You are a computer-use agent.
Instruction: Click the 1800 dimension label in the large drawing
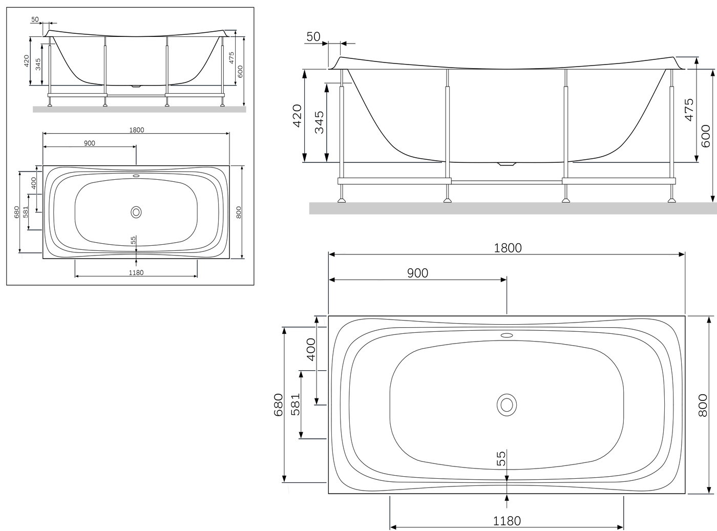508,248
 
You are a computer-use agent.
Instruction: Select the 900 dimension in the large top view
418,273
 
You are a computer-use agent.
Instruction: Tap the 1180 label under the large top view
507,521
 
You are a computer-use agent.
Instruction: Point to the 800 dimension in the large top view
703,405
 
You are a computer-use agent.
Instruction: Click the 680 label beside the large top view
278,405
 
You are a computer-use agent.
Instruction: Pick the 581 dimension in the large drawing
296,405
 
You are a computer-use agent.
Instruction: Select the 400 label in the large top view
311,349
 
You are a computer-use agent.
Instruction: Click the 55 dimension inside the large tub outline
501,459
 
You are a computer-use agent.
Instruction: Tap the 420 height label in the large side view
297,116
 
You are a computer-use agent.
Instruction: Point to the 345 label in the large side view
320,122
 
